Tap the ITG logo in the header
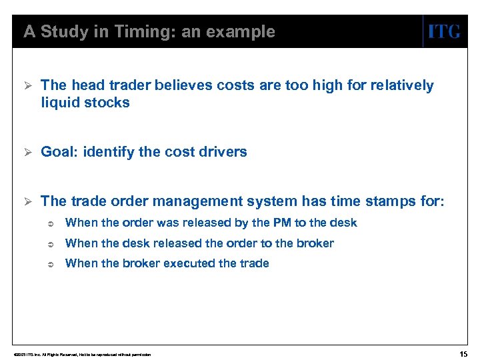[443, 32]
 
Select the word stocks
[108, 103]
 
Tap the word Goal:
[60, 152]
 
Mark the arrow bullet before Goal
[27, 152]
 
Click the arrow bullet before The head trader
[27, 85]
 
